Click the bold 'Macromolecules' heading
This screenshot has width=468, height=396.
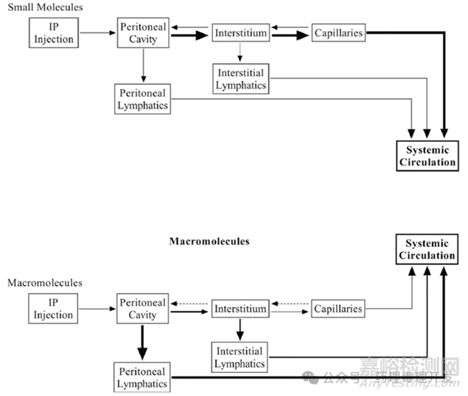pos(209,242)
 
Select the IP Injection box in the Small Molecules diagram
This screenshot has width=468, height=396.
pos(54,32)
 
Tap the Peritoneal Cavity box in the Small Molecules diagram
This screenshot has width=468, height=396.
pos(143,33)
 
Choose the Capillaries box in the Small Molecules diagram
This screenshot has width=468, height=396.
pos(338,33)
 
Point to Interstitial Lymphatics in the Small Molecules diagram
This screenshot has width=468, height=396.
pos(240,78)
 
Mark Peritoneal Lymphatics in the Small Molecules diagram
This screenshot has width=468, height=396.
pos(142,99)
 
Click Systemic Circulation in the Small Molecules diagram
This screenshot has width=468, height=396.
pos(427,156)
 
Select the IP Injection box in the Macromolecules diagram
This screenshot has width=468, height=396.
pos(54,309)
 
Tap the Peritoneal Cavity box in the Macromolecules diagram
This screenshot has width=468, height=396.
pos(143,309)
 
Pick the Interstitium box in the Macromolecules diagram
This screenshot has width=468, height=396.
pos(240,309)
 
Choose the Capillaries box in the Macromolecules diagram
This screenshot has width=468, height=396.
pos(338,309)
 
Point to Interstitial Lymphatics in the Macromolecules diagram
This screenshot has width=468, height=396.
pos(240,357)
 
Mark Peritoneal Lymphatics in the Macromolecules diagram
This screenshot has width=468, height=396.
pos(142,377)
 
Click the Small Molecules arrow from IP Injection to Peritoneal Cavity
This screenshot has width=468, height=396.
pos(97,32)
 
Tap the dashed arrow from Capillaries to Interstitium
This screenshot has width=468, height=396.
pos(290,304)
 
